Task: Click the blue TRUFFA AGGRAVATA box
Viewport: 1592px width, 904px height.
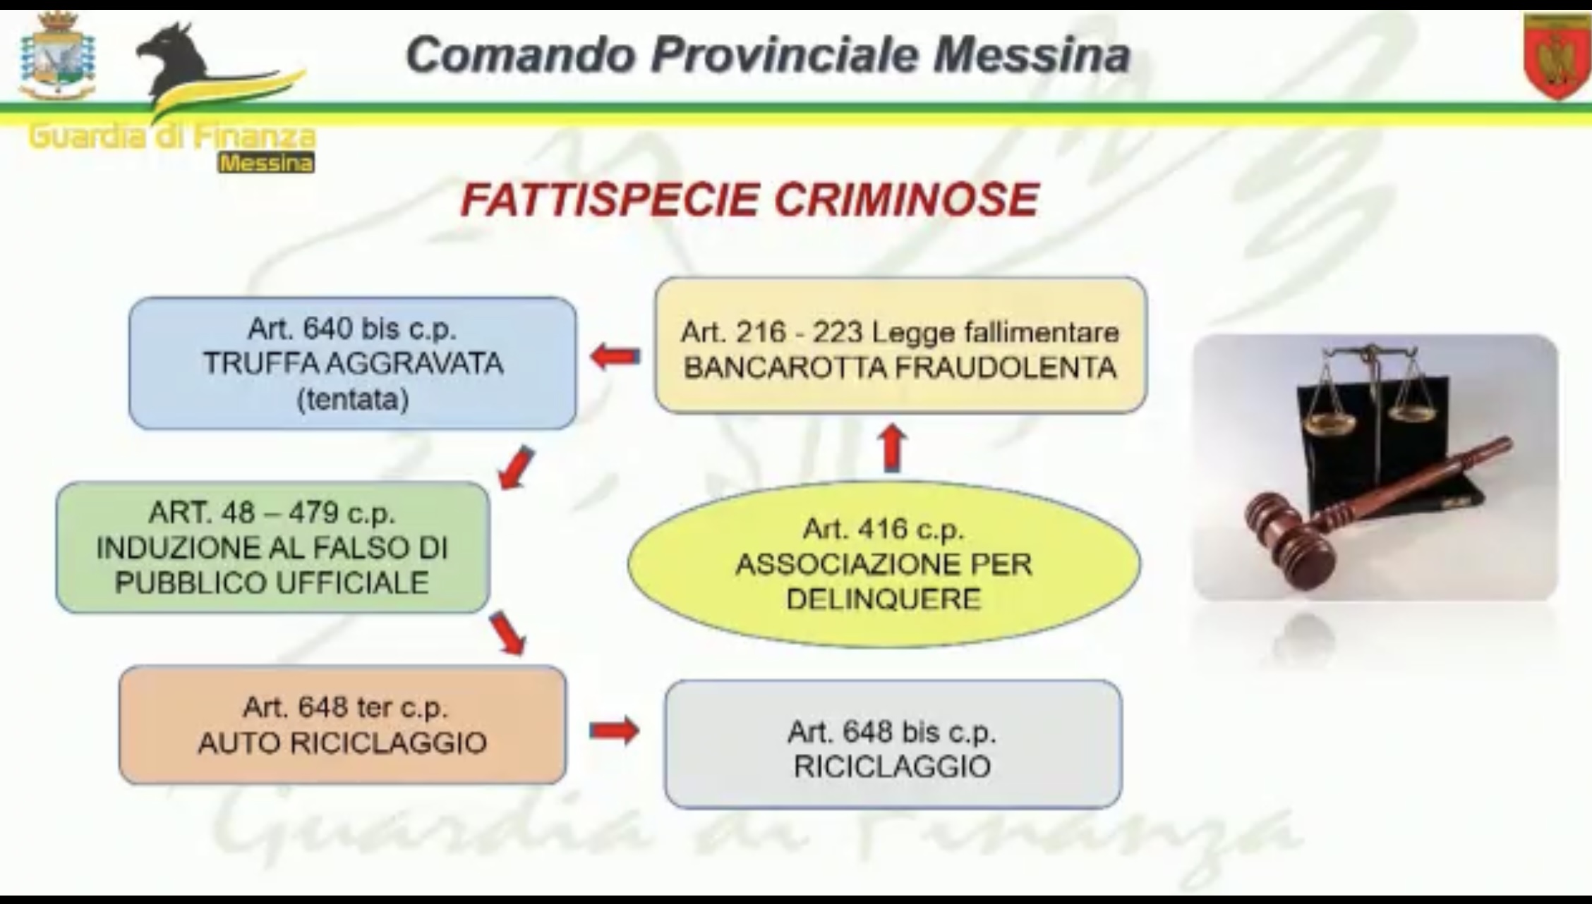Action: tap(352, 363)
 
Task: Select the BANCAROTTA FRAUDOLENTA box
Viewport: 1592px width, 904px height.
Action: tap(900, 346)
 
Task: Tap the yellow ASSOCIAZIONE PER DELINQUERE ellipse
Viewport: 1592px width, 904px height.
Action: tap(884, 564)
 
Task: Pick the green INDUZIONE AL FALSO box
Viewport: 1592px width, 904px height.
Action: tap(272, 547)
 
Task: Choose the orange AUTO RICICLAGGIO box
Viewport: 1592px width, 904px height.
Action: tap(342, 725)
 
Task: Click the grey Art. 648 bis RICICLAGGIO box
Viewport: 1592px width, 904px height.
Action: tap(893, 744)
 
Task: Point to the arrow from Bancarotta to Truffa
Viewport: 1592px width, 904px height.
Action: tap(615, 357)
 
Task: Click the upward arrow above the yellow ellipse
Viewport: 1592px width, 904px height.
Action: tap(893, 447)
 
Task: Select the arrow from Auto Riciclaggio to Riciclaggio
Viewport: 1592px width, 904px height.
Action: tap(614, 730)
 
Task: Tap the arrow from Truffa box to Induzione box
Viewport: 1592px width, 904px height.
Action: tap(516, 468)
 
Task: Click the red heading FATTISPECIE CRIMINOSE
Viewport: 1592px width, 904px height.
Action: tap(749, 200)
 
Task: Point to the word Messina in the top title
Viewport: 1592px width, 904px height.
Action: tap(1032, 55)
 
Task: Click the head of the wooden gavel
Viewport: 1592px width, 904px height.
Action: tap(1291, 540)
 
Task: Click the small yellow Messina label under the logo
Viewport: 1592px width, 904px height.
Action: tap(266, 164)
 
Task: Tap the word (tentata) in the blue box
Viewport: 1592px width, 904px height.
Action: tap(353, 400)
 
